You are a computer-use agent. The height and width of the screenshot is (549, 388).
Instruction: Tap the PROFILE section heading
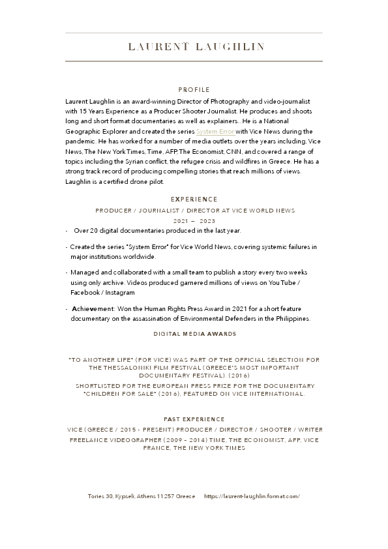(194, 89)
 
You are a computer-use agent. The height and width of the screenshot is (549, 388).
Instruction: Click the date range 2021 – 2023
(194, 221)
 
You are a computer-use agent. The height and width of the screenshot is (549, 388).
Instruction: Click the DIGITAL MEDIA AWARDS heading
(194, 334)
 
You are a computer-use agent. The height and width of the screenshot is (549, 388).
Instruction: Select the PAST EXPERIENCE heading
(194, 419)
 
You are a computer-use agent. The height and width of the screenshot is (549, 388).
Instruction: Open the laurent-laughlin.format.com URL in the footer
(252, 496)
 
